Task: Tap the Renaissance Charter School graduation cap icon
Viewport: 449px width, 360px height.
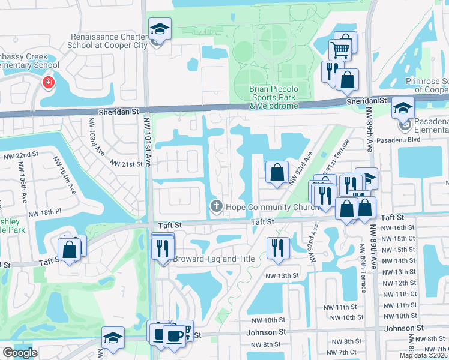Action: point(160,29)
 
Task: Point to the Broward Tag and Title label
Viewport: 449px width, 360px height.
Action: point(214,259)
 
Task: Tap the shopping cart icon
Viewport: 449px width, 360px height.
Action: point(340,49)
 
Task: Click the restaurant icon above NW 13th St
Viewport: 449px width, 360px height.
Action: point(277,247)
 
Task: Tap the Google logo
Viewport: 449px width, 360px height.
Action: point(20,352)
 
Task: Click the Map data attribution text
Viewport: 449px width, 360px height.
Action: point(423,355)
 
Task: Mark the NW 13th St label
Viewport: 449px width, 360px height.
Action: point(283,275)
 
